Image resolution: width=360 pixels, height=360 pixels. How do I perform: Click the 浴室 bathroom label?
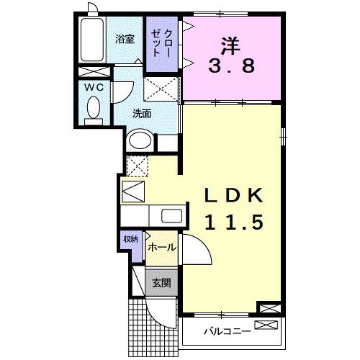125,39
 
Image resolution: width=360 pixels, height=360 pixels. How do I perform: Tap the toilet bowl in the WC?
92,109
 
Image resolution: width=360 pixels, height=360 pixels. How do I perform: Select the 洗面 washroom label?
141,114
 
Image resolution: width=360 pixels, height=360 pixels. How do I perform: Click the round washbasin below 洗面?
140,141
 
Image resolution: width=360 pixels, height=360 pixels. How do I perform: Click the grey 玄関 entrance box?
161,283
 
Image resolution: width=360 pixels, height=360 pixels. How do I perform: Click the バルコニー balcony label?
226,332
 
